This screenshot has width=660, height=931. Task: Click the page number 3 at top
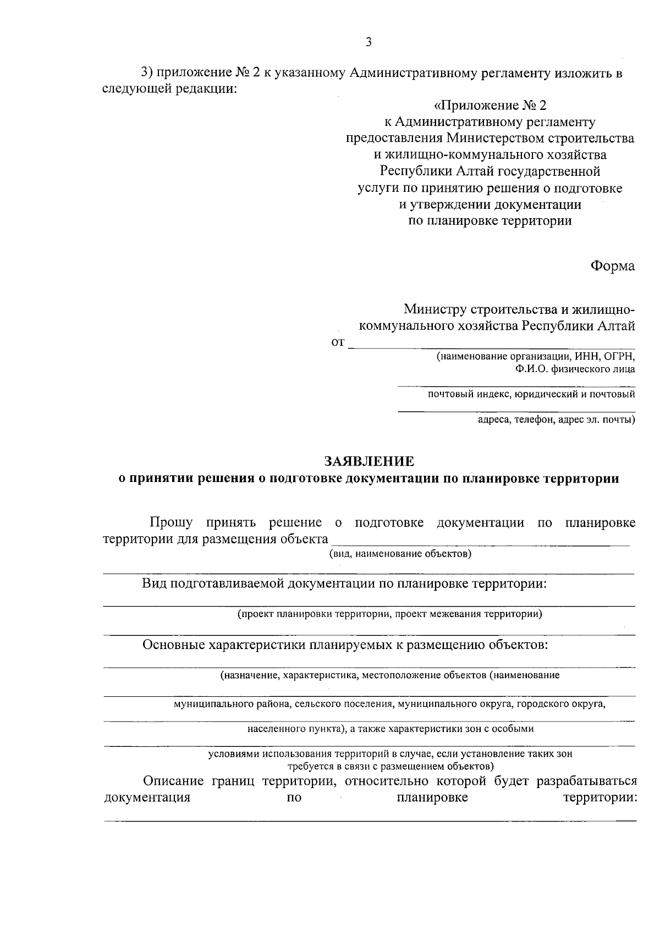(369, 42)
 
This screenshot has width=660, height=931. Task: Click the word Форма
(612, 266)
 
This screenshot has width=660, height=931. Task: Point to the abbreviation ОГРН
(619, 356)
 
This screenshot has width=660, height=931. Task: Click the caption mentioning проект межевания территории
(389, 614)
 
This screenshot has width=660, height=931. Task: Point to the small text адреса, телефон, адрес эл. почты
(556, 420)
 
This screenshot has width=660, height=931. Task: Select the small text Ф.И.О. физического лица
(575, 369)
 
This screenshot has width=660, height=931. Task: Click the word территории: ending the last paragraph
(600, 797)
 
